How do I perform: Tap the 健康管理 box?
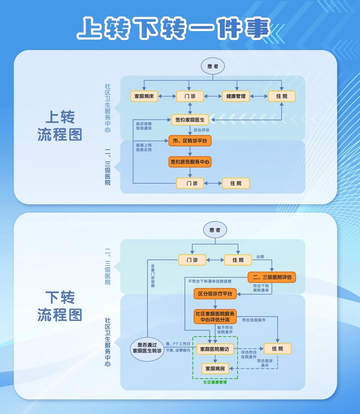236,96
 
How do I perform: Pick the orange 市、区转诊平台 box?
190,141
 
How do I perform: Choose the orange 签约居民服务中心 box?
190,162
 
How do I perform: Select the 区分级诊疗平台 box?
215,294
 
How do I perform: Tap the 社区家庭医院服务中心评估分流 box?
215,317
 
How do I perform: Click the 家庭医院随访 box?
215,349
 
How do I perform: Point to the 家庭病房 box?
215,369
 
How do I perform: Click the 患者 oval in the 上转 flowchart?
213,66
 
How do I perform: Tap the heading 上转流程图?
60,126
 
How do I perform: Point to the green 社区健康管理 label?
215,382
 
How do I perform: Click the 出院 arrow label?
260,257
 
